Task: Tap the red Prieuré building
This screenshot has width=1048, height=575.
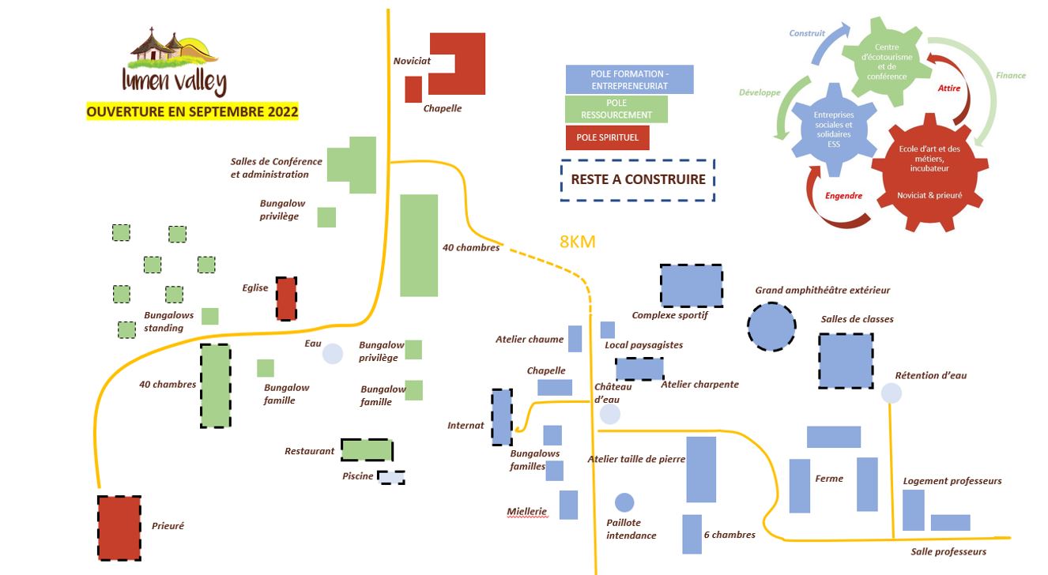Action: pyautogui.click(x=119, y=528)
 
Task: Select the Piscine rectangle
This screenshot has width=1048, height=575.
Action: pyautogui.click(x=391, y=477)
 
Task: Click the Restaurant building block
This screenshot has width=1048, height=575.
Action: pyautogui.click(x=367, y=450)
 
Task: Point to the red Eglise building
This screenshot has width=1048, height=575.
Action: pyautogui.click(x=286, y=298)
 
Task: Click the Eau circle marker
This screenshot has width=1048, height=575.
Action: pyautogui.click(x=333, y=354)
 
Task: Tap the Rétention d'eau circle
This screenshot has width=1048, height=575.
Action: pyautogui.click(x=891, y=393)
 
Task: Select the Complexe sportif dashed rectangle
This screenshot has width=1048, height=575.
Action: pyautogui.click(x=692, y=285)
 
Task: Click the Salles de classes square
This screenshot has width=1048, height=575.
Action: pyautogui.click(x=846, y=360)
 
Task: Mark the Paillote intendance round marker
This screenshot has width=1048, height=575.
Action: pyautogui.click(x=624, y=502)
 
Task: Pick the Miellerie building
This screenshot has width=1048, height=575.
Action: pyautogui.click(x=568, y=505)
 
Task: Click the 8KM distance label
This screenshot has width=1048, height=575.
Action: pyautogui.click(x=577, y=242)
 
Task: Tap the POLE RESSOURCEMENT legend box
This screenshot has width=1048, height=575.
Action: pyautogui.click(x=616, y=109)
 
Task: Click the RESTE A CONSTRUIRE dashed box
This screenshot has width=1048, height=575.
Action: pyautogui.click(x=637, y=179)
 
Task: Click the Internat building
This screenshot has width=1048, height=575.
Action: pyautogui.click(x=502, y=416)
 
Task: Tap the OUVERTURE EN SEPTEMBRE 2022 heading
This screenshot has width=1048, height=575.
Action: pyautogui.click(x=192, y=112)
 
